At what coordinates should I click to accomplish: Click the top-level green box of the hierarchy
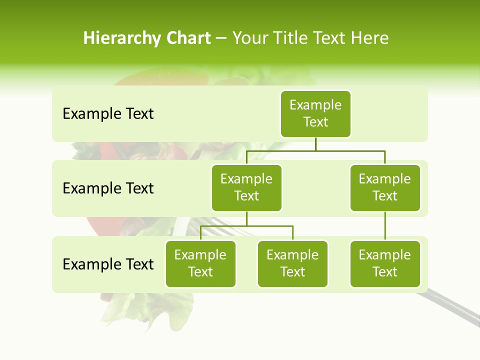click(315, 113)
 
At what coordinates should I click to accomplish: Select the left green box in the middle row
click(246, 187)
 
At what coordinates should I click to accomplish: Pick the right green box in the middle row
click(385, 187)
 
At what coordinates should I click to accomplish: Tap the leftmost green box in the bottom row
click(200, 263)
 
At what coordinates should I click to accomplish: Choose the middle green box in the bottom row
click(292, 263)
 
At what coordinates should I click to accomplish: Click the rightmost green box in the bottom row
click(385, 263)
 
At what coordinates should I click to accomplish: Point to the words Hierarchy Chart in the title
click(147, 38)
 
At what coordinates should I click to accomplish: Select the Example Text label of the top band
click(108, 113)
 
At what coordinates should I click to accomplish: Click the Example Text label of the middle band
click(108, 188)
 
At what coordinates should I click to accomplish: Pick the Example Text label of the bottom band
click(108, 264)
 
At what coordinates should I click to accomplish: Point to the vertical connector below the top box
click(315, 143)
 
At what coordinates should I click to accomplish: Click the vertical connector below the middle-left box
click(246, 219)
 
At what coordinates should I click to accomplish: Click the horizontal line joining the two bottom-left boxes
click(246, 226)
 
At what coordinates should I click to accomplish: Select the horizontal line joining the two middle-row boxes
click(315, 150)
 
